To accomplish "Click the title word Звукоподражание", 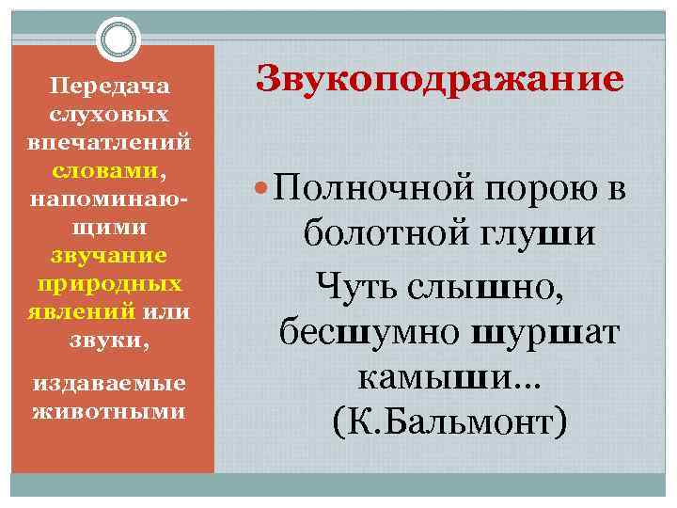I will tap(439, 78).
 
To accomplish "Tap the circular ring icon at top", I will tap(118, 40).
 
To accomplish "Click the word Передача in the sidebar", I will tap(110, 87).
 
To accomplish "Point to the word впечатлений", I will tap(110, 143).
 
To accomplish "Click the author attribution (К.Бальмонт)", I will tap(449, 422).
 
